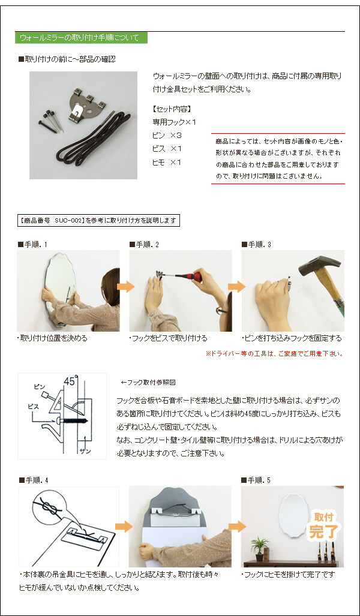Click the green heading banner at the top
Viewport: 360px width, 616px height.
[81, 38]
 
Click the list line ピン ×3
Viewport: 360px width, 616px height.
[167, 136]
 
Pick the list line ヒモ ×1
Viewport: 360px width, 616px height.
[167, 163]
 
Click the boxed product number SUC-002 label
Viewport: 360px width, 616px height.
[98, 221]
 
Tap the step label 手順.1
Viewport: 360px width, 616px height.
[34, 244]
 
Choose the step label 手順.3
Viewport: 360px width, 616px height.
[257, 244]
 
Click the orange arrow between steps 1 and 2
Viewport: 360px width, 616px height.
[125, 287]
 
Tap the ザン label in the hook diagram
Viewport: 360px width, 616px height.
[85, 450]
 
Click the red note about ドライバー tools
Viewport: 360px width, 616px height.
[274, 354]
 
